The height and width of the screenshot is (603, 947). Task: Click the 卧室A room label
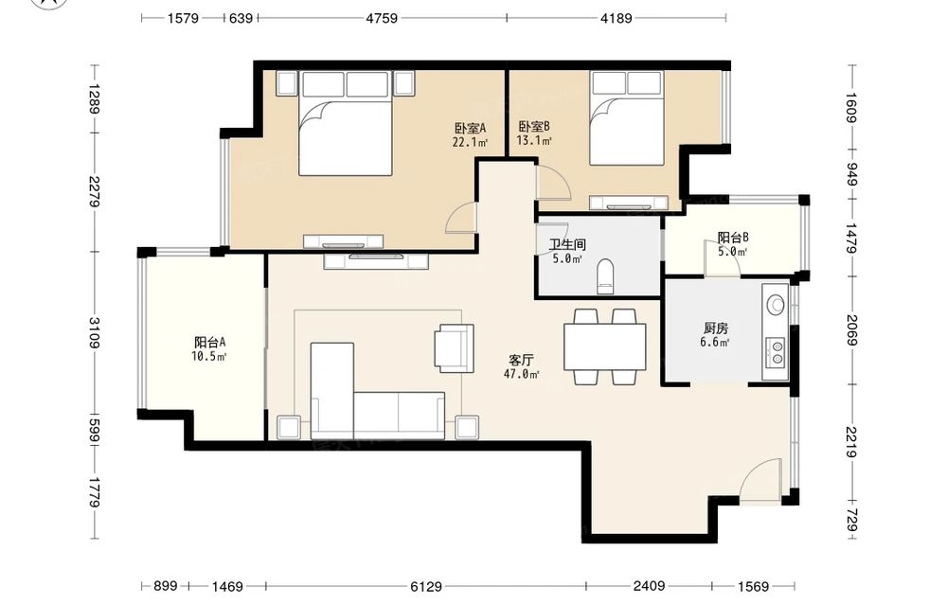click(x=470, y=128)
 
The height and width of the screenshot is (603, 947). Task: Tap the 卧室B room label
click(x=534, y=127)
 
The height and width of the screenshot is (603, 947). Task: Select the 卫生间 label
click(x=567, y=244)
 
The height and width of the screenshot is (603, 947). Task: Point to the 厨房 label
click(x=716, y=328)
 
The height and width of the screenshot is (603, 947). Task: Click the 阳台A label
click(x=209, y=343)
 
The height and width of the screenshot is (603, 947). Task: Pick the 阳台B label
click(x=733, y=238)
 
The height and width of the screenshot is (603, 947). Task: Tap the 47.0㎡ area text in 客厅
click(x=521, y=374)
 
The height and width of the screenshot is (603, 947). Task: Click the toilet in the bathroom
click(x=604, y=275)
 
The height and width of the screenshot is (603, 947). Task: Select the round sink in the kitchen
click(x=775, y=304)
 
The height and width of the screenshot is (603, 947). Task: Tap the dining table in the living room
click(x=604, y=346)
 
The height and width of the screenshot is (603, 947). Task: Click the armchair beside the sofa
click(x=454, y=347)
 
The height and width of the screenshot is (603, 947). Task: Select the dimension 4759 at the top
click(x=382, y=18)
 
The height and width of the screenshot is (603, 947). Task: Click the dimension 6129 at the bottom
click(x=426, y=586)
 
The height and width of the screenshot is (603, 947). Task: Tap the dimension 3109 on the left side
click(x=94, y=332)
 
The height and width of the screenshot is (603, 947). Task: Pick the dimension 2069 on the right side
click(x=851, y=329)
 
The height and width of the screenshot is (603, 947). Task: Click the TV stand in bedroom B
click(x=629, y=204)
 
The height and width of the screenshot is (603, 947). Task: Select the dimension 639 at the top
click(x=241, y=18)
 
